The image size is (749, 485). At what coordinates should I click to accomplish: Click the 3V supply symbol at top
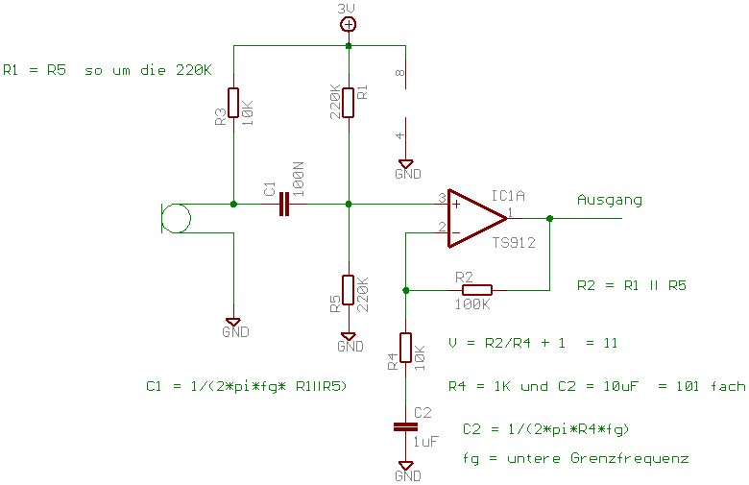click(349, 24)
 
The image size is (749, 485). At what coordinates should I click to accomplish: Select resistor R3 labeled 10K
click(233, 102)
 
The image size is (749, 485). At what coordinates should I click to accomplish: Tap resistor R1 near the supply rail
click(349, 102)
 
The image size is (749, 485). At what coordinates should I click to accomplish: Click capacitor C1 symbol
click(283, 204)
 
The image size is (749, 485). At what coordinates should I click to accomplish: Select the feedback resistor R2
click(476, 289)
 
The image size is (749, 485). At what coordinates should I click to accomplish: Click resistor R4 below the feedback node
click(405, 347)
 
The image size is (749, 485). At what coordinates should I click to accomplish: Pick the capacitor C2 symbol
click(405, 426)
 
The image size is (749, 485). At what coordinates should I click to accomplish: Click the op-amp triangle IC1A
click(476, 218)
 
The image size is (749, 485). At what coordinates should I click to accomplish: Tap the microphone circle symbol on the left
click(176, 218)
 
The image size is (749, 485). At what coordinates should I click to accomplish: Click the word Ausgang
click(610, 201)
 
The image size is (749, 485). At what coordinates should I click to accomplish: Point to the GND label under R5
click(350, 347)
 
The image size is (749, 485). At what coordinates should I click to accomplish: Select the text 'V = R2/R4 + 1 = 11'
click(532, 343)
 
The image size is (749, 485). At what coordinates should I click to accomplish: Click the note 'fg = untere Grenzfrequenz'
click(575, 458)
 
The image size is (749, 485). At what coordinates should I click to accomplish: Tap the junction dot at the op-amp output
click(549, 218)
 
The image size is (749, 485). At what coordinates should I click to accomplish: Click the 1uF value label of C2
click(426, 443)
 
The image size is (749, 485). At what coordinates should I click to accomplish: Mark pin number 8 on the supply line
click(400, 72)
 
